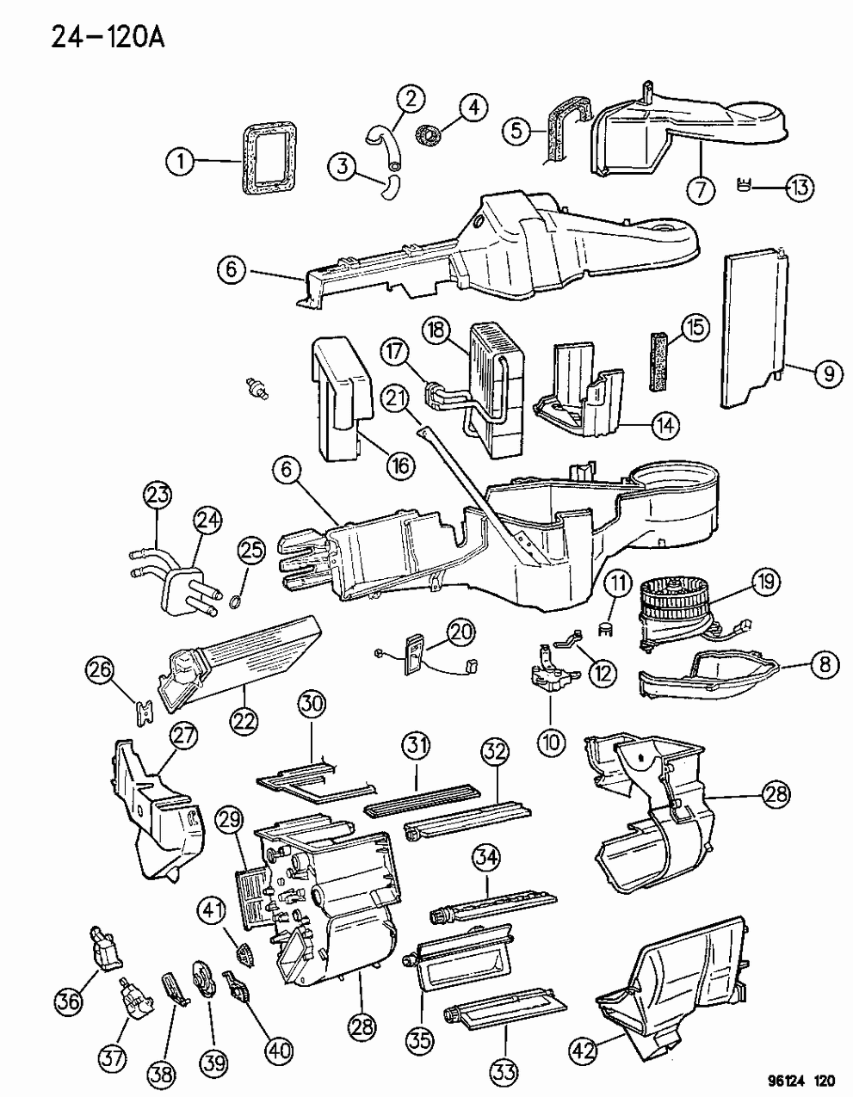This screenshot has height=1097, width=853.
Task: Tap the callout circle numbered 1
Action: [x=180, y=161]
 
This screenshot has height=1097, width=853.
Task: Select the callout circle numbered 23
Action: [x=158, y=495]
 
